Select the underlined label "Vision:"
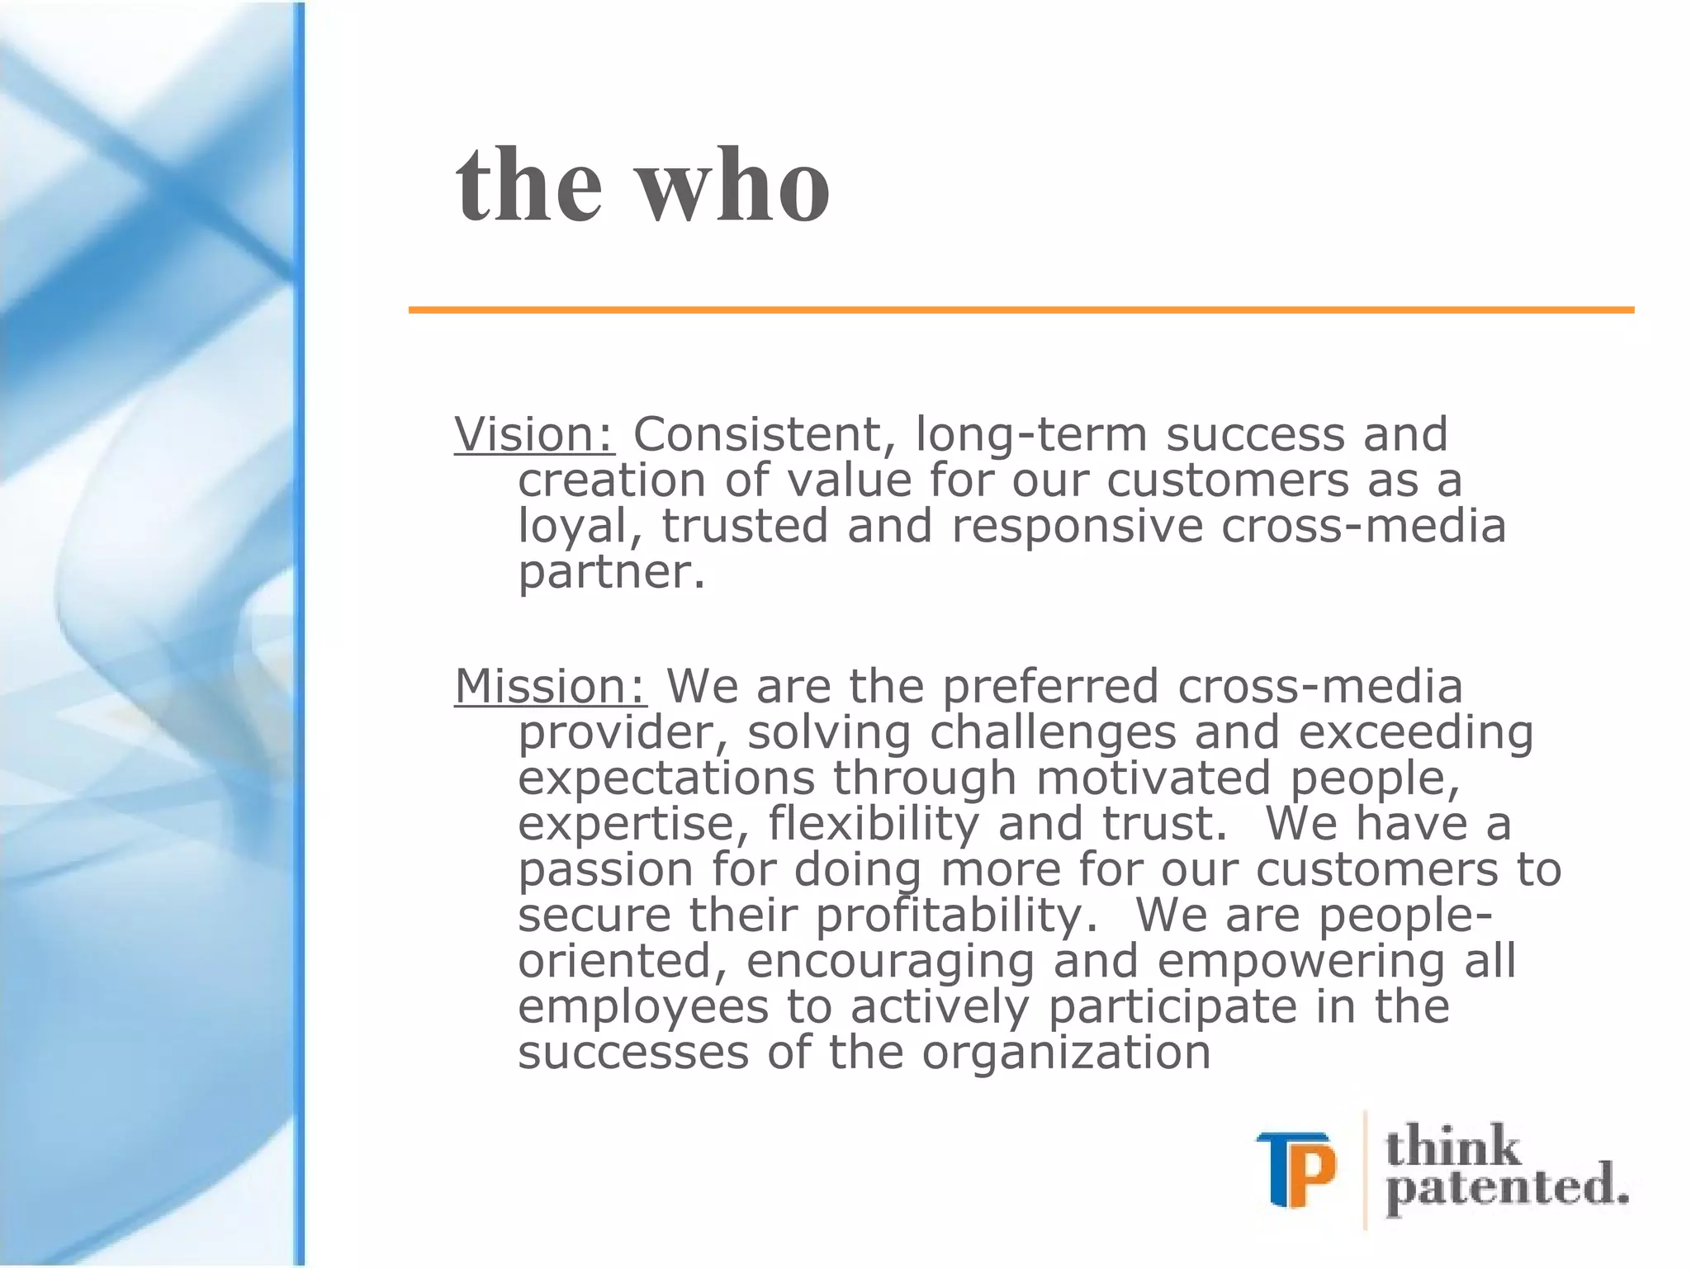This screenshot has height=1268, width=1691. [x=534, y=435]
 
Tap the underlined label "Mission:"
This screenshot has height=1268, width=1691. [x=551, y=687]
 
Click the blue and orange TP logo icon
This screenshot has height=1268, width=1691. [x=1295, y=1169]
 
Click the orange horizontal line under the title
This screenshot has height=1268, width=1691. [x=1021, y=310]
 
